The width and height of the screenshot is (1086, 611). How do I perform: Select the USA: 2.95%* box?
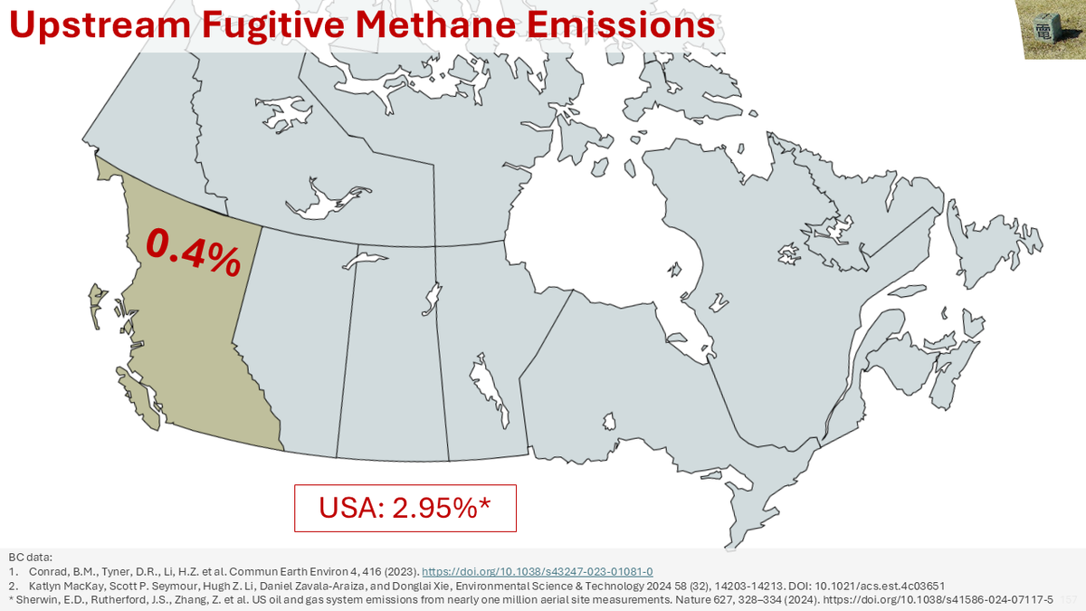click(x=405, y=508)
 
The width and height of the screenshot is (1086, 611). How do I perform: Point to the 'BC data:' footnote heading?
click(x=31, y=557)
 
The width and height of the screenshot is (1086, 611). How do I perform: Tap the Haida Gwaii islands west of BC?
click(x=93, y=303)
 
